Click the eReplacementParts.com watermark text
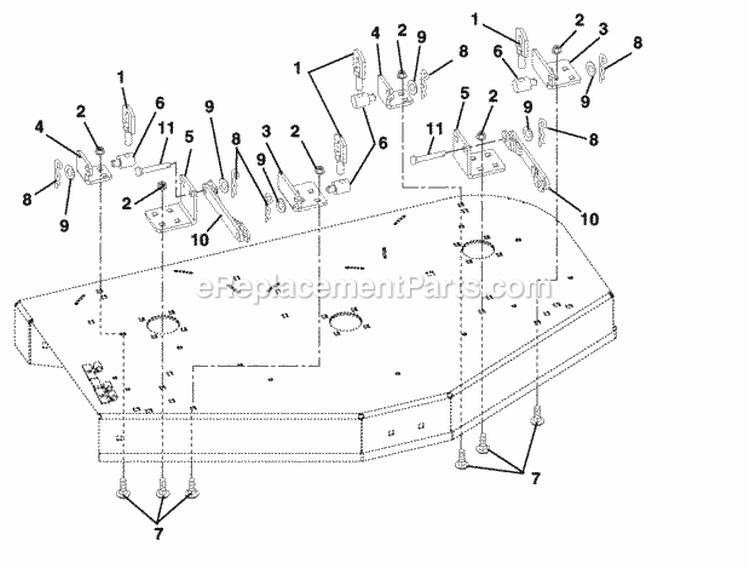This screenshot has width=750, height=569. coord(374,287)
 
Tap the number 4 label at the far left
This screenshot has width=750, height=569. coord(40,128)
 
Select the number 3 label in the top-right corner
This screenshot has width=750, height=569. coord(603,29)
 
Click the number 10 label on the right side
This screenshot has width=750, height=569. coord(589,219)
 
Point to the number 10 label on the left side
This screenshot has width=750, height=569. coord(200,239)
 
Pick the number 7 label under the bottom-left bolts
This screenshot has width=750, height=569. coord(158,534)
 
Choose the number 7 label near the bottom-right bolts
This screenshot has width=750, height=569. coord(535,478)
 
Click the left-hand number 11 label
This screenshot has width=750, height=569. coord(166,129)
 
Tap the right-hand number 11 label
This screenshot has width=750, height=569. coord(434,130)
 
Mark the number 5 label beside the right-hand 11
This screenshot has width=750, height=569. coord(464,93)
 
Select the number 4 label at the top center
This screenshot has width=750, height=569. coord(375,33)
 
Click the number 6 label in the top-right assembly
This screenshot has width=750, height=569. coord(498,51)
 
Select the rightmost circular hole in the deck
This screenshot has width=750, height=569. coord(476,249)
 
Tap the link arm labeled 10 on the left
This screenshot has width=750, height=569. coord(225,209)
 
